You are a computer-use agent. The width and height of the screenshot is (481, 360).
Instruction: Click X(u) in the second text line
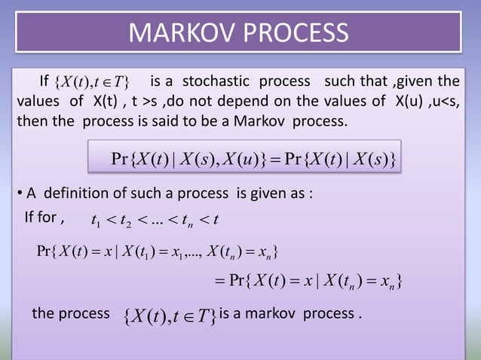(x=394, y=101)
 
